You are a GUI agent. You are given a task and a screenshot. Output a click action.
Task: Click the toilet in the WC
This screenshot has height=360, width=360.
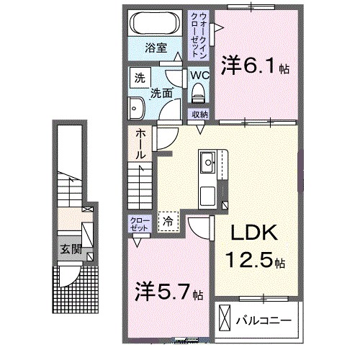pyautogui.click(x=199, y=92)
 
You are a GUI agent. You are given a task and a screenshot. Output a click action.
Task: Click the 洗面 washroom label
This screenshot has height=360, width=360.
pyautogui.click(x=161, y=92)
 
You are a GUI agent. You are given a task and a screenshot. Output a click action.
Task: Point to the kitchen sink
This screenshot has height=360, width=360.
pyautogui.click(x=208, y=162)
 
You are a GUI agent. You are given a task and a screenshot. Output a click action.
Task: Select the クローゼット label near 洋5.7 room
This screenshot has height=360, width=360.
pyautogui.click(x=138, y=223)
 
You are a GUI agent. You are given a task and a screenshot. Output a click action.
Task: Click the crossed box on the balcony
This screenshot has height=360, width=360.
pyautogui.click(x=225, y=318)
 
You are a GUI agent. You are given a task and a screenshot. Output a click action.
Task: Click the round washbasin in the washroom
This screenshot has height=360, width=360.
pyautogui.click(x=137, y=110)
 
